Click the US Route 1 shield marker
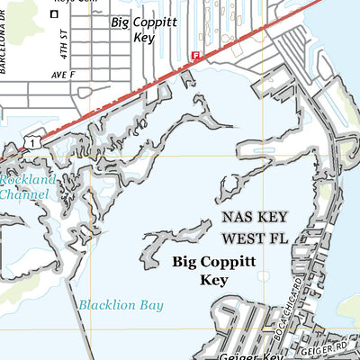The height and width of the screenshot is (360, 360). [32, 142]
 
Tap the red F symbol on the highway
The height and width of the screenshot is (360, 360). [194, 56]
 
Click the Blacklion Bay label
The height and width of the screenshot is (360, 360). [121, 305]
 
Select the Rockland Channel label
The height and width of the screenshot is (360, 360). [27, 186]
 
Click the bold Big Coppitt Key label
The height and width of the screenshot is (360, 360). [214, 271]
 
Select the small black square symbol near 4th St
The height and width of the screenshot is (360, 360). [54, 14]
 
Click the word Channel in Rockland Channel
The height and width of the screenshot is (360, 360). [24, 193]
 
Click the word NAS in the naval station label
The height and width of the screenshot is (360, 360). [237, 219]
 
